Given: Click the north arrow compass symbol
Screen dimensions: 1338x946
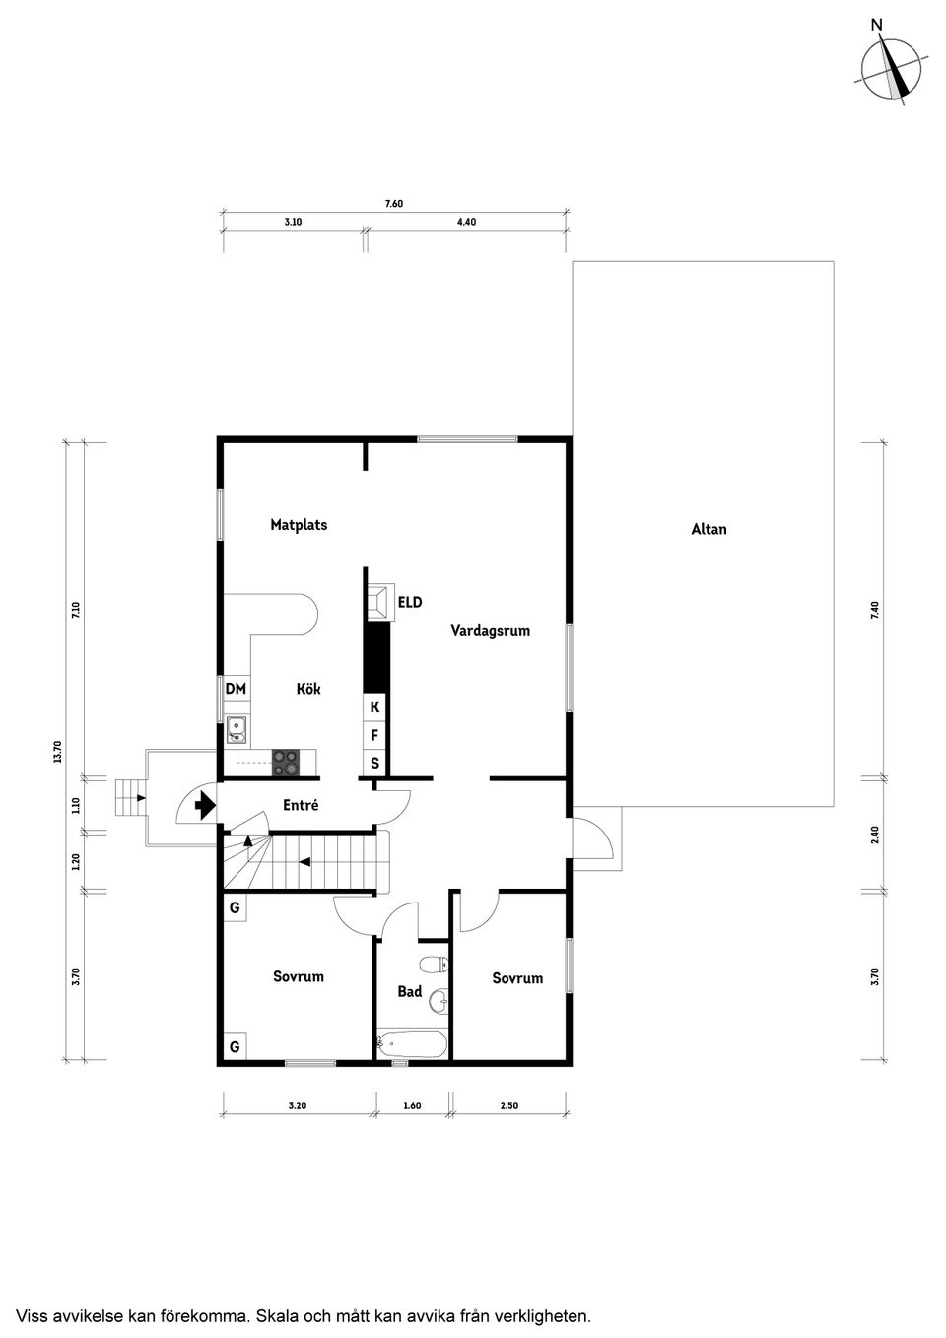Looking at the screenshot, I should [x=892, y=69].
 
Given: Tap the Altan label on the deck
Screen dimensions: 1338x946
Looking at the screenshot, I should [x=709, y=529].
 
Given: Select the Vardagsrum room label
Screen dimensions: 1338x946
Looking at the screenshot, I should [x=490, y=630].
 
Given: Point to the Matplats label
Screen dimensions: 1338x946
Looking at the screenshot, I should [x=299, y=525].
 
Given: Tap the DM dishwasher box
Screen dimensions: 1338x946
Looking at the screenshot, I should [x=236, y=689].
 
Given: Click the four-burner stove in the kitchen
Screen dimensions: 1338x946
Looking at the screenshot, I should [x=286, y=761].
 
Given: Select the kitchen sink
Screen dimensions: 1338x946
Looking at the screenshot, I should [x=236, y=730].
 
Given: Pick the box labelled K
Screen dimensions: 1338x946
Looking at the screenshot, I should [x=374, y=706].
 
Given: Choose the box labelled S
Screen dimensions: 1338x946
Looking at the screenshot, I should [x=374, y=763].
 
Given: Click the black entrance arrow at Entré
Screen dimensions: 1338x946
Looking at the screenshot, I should [x=205, y=807].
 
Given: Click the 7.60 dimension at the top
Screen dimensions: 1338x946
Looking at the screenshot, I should [x=393, y=204].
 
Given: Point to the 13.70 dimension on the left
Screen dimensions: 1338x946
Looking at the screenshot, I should [x=57, y=752].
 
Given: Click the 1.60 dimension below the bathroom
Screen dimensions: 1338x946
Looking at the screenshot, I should [x=412, y=1105].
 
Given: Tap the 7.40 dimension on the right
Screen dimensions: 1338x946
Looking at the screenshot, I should [x=873, y=609].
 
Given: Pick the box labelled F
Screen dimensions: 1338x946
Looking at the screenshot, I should [x=374, y=735].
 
